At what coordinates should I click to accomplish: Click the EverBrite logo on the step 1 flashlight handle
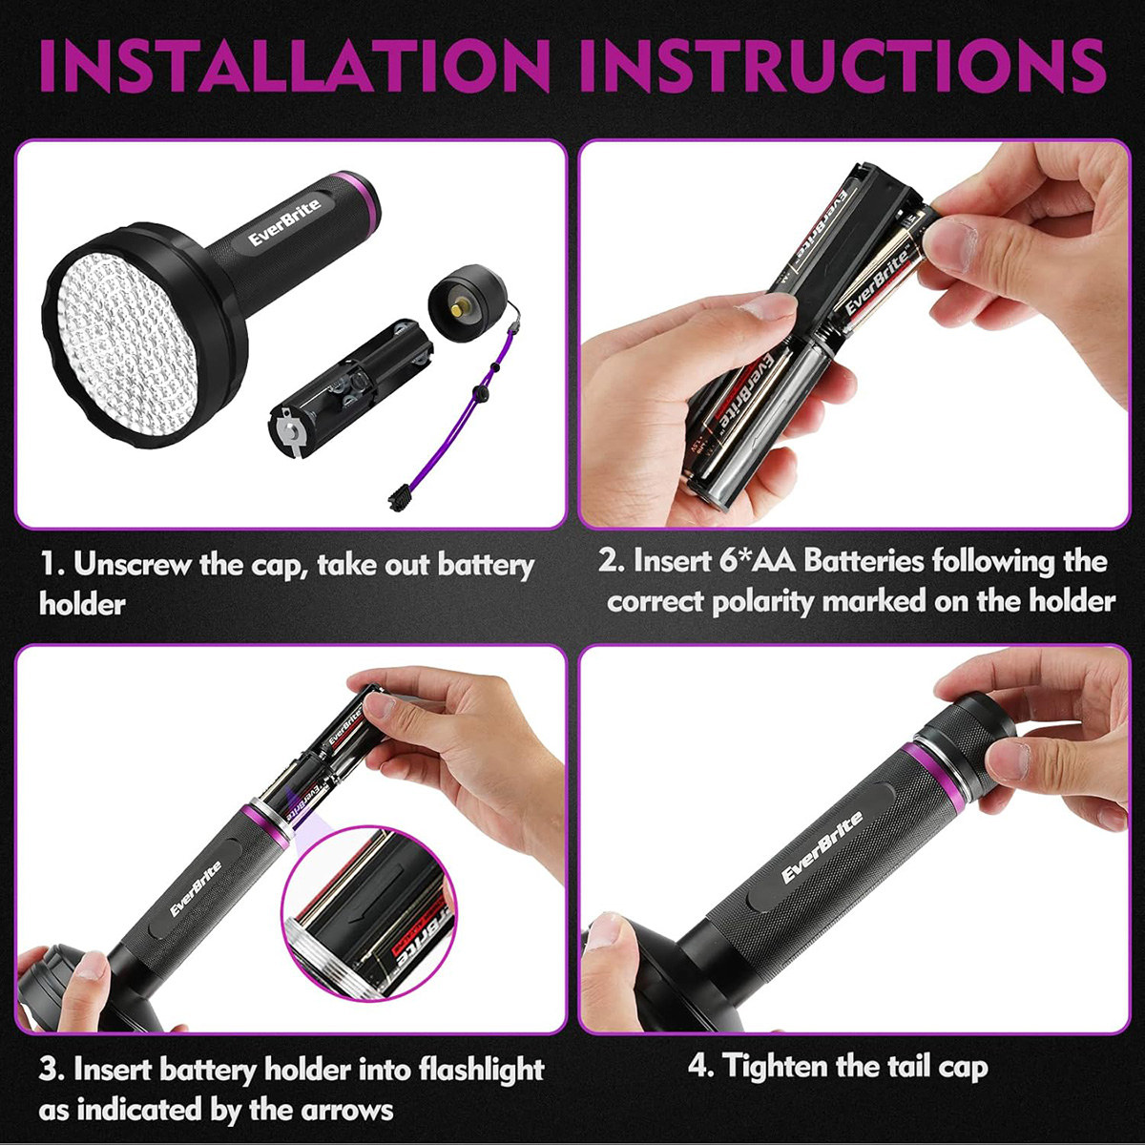pos(284,222)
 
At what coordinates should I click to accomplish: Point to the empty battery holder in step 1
pos(350,387)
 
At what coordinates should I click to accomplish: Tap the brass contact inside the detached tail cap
pos(459,310)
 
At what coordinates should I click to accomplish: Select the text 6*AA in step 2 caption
pos(755,561)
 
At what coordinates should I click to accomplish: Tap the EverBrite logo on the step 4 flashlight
pos(821,846)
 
